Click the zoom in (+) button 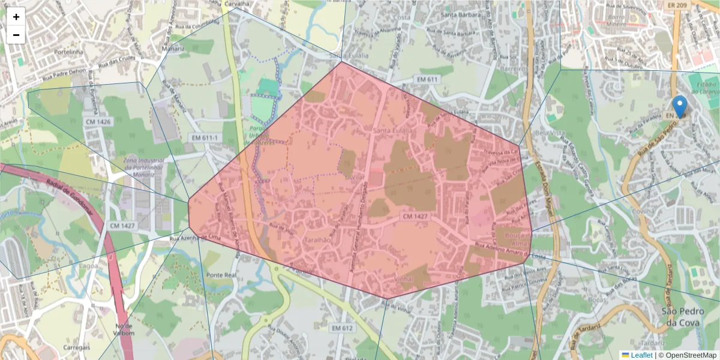16,17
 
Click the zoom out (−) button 16,35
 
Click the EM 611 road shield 428,79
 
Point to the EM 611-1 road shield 205,138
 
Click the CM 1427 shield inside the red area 415,216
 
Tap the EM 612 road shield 343,328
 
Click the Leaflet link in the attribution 641,355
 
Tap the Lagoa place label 88,265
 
